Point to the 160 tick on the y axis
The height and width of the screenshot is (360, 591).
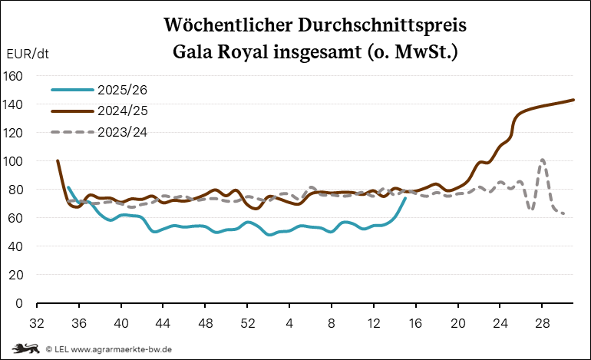coord(13,76)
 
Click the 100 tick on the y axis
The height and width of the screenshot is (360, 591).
coord(13,161)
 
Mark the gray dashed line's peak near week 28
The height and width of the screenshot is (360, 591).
coord(543,160)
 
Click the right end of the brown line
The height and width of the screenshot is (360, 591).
coord(574,100)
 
